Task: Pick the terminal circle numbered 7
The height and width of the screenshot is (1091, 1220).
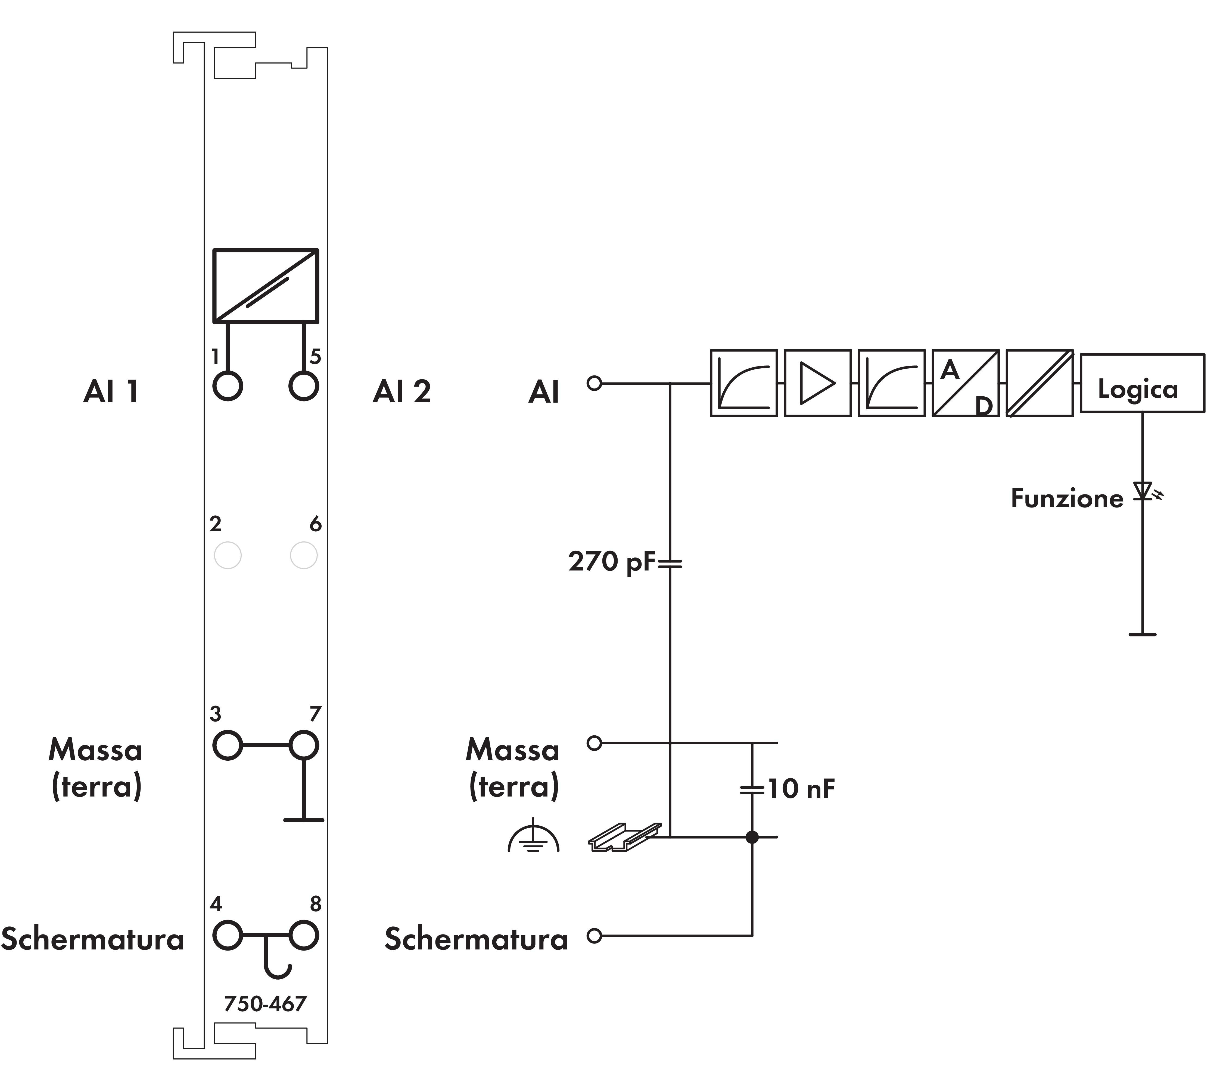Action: click(303, 746)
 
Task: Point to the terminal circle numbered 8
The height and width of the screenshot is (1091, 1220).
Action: click(303, 936)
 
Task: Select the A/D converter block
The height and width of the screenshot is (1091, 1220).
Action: click(965, 383)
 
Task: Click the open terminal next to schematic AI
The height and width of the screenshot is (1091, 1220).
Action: click(594, 383)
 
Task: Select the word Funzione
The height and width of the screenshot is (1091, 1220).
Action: click(1066, 498)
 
